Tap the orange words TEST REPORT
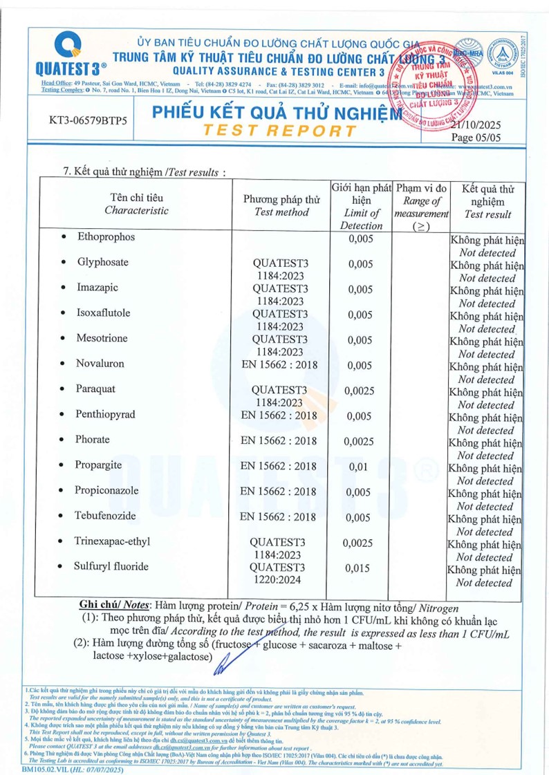(x=279, y=131)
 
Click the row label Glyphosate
(x=100, y=263)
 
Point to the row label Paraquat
(x=95, y=389)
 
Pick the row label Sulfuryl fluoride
(x=112, y=566)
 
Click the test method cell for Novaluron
(x=278, y=364)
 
